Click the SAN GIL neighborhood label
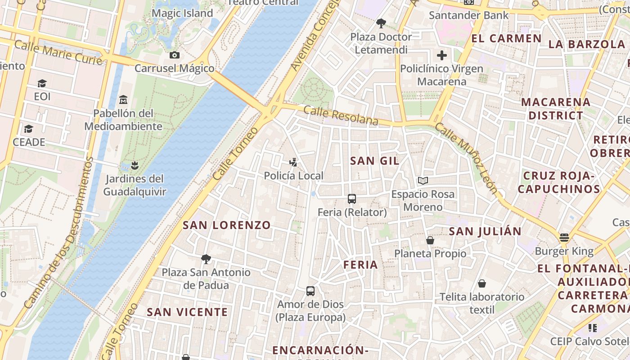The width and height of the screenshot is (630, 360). [x=374, y=161]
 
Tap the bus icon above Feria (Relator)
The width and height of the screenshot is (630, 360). [x=352, y=198]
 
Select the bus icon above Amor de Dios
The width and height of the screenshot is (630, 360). [x=310, y=291]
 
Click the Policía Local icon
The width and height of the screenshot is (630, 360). [x=293, y=162]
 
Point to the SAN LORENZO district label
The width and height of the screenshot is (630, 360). [x=227, y=225]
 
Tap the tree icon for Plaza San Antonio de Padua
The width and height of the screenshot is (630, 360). [x=206, y=259]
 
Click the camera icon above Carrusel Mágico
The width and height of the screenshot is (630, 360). [x=175, y=55]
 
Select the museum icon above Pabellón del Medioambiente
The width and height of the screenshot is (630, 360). [x=123, y=99]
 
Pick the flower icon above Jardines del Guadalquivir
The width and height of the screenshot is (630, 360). [x=135, y=165]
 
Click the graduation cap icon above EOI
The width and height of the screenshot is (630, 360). [x=42, y=83]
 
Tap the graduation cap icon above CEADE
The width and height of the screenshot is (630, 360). [x=29, y=129]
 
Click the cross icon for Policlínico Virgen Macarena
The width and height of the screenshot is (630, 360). [x=442, y=55]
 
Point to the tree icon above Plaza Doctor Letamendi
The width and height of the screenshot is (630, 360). [x=381, y=23]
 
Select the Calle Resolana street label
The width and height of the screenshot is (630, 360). [x=341, y=116]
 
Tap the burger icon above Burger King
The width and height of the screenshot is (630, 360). [x=564, y=238]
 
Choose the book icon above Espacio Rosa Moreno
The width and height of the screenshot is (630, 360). [x=423, y=180]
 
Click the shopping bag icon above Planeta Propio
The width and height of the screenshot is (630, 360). [x=430, y=240]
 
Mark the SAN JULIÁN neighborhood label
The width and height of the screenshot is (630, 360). [x=485, y=231]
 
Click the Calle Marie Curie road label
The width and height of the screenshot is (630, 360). [x=58, y=53]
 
